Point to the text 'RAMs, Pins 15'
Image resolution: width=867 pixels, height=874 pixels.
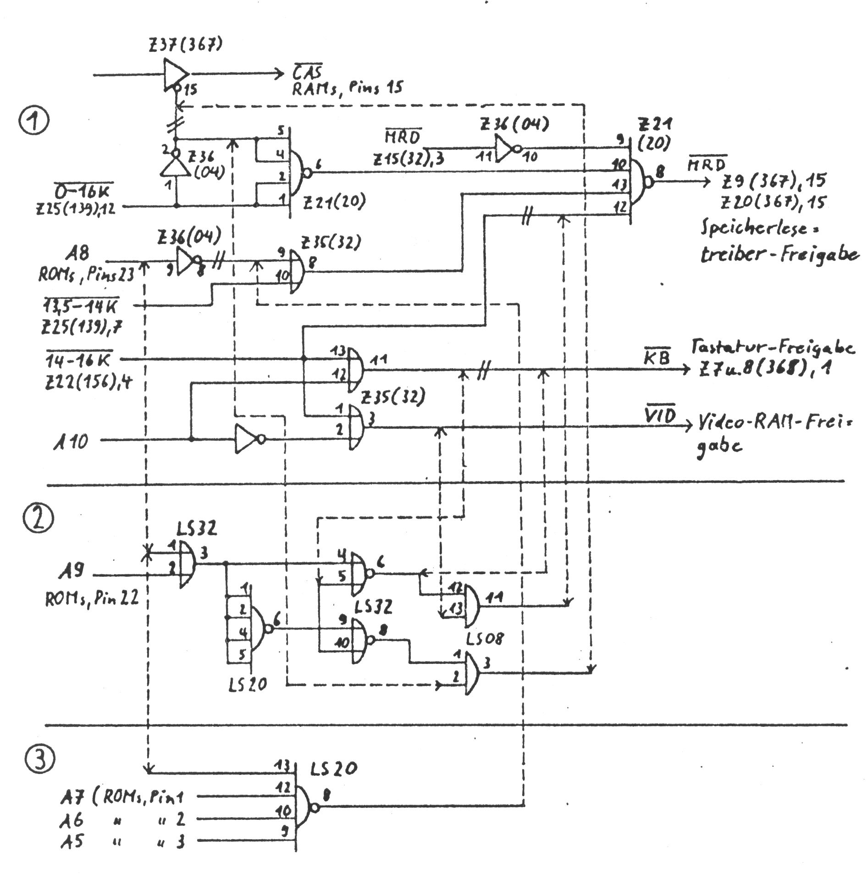tap(348, 88)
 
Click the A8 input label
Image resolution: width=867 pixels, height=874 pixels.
tap(77, 253)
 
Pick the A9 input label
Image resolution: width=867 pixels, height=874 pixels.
tap(71, 573)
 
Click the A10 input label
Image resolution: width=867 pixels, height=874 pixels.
tap(71, 441)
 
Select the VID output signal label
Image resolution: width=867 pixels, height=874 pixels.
tap(660, 416)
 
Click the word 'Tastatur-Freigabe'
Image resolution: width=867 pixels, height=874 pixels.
tap(773, 348)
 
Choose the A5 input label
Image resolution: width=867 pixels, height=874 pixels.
tap(72, 842)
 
